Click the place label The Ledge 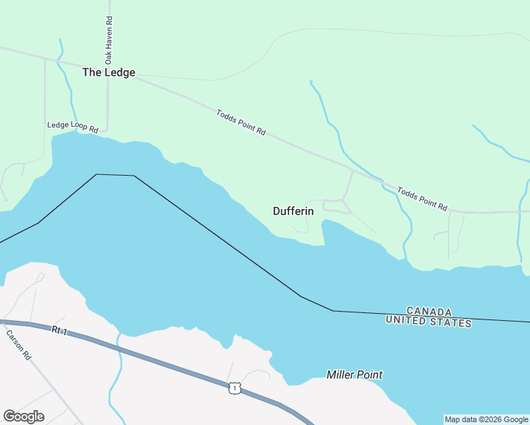click(x=108, y=72)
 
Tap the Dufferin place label click(x=293, y=211)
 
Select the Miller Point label click(x=354, y=375)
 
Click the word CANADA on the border click(x=429, y=312)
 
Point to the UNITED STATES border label click(x=429, y=322)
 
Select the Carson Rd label click(x=18, y=343)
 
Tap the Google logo click(x=23, y=416)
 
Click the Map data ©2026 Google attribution click(x=485, y=419)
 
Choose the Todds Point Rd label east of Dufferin click(x=422, y=198)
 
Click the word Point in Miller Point click(x=369, y=375)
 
